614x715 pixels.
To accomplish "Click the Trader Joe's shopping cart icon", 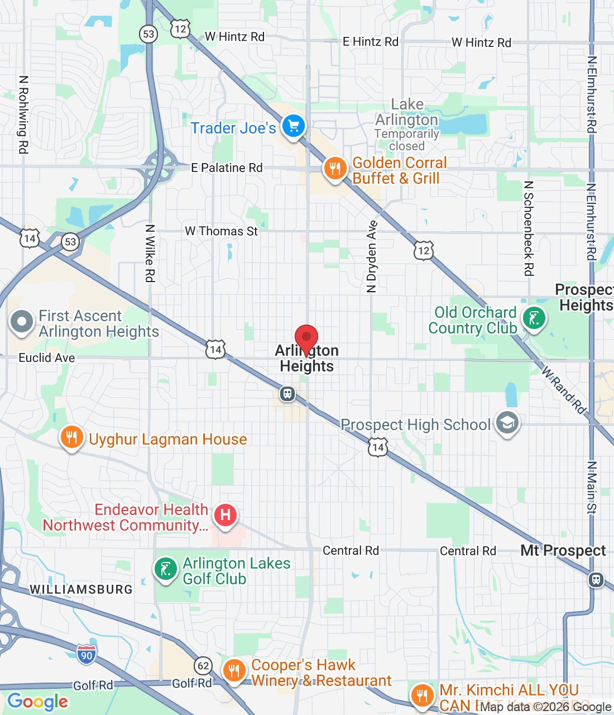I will coord(294,126).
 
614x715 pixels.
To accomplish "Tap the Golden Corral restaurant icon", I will coord(335,168).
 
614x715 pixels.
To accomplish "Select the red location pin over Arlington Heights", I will coord(306,339).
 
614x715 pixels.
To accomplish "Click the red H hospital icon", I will coord(226,514).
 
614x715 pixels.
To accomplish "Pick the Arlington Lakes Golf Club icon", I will coord(166,570).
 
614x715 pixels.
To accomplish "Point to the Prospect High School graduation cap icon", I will coord(507,423).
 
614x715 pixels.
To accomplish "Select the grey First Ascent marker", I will coord(22,322).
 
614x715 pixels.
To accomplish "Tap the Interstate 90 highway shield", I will coord(87,655).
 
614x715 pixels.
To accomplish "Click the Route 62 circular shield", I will coord(203,665).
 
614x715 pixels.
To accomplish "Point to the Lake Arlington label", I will coord(407,112).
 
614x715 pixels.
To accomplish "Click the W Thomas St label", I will coord(221,231).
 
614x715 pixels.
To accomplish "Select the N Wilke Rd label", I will coord(150,253).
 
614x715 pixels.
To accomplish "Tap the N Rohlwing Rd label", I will coord(23,115).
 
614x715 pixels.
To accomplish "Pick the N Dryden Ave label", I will coord(372,257).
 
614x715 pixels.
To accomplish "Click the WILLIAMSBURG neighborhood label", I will coord(81,589).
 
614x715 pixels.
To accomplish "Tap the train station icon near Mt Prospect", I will coord(596,579).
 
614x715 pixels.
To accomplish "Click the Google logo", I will coord(37,702).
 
